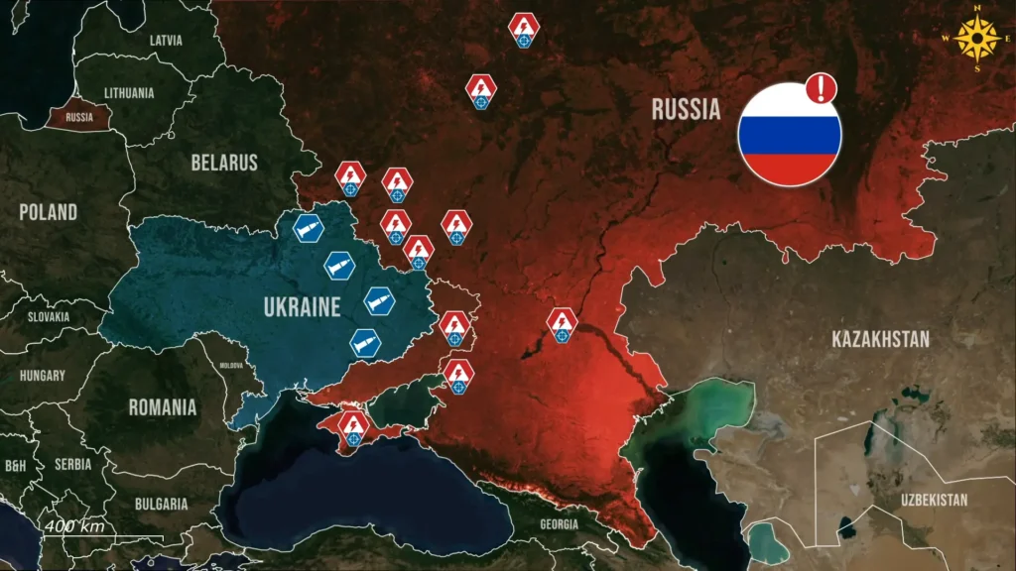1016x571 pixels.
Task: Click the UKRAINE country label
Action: pos(302,307)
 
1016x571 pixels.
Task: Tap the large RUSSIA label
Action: pos(686,109)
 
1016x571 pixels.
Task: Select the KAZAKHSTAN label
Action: pos(881,340)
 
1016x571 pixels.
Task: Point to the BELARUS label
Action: pos(224,163)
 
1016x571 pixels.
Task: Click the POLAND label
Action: pos(48,212)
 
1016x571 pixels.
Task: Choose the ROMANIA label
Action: pos(163,406)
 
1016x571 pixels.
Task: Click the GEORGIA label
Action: pos(560,523)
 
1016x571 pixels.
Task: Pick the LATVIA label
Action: pos(166,41)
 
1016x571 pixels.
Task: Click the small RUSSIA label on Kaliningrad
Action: pos(79,117)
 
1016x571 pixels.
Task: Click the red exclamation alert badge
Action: pos(822,89)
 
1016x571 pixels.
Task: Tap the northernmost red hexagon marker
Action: pos(524,29)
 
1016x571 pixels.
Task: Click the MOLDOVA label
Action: pos(230,365)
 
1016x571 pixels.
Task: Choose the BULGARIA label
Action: pos(163,504)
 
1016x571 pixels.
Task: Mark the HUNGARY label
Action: pos(43,376)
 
